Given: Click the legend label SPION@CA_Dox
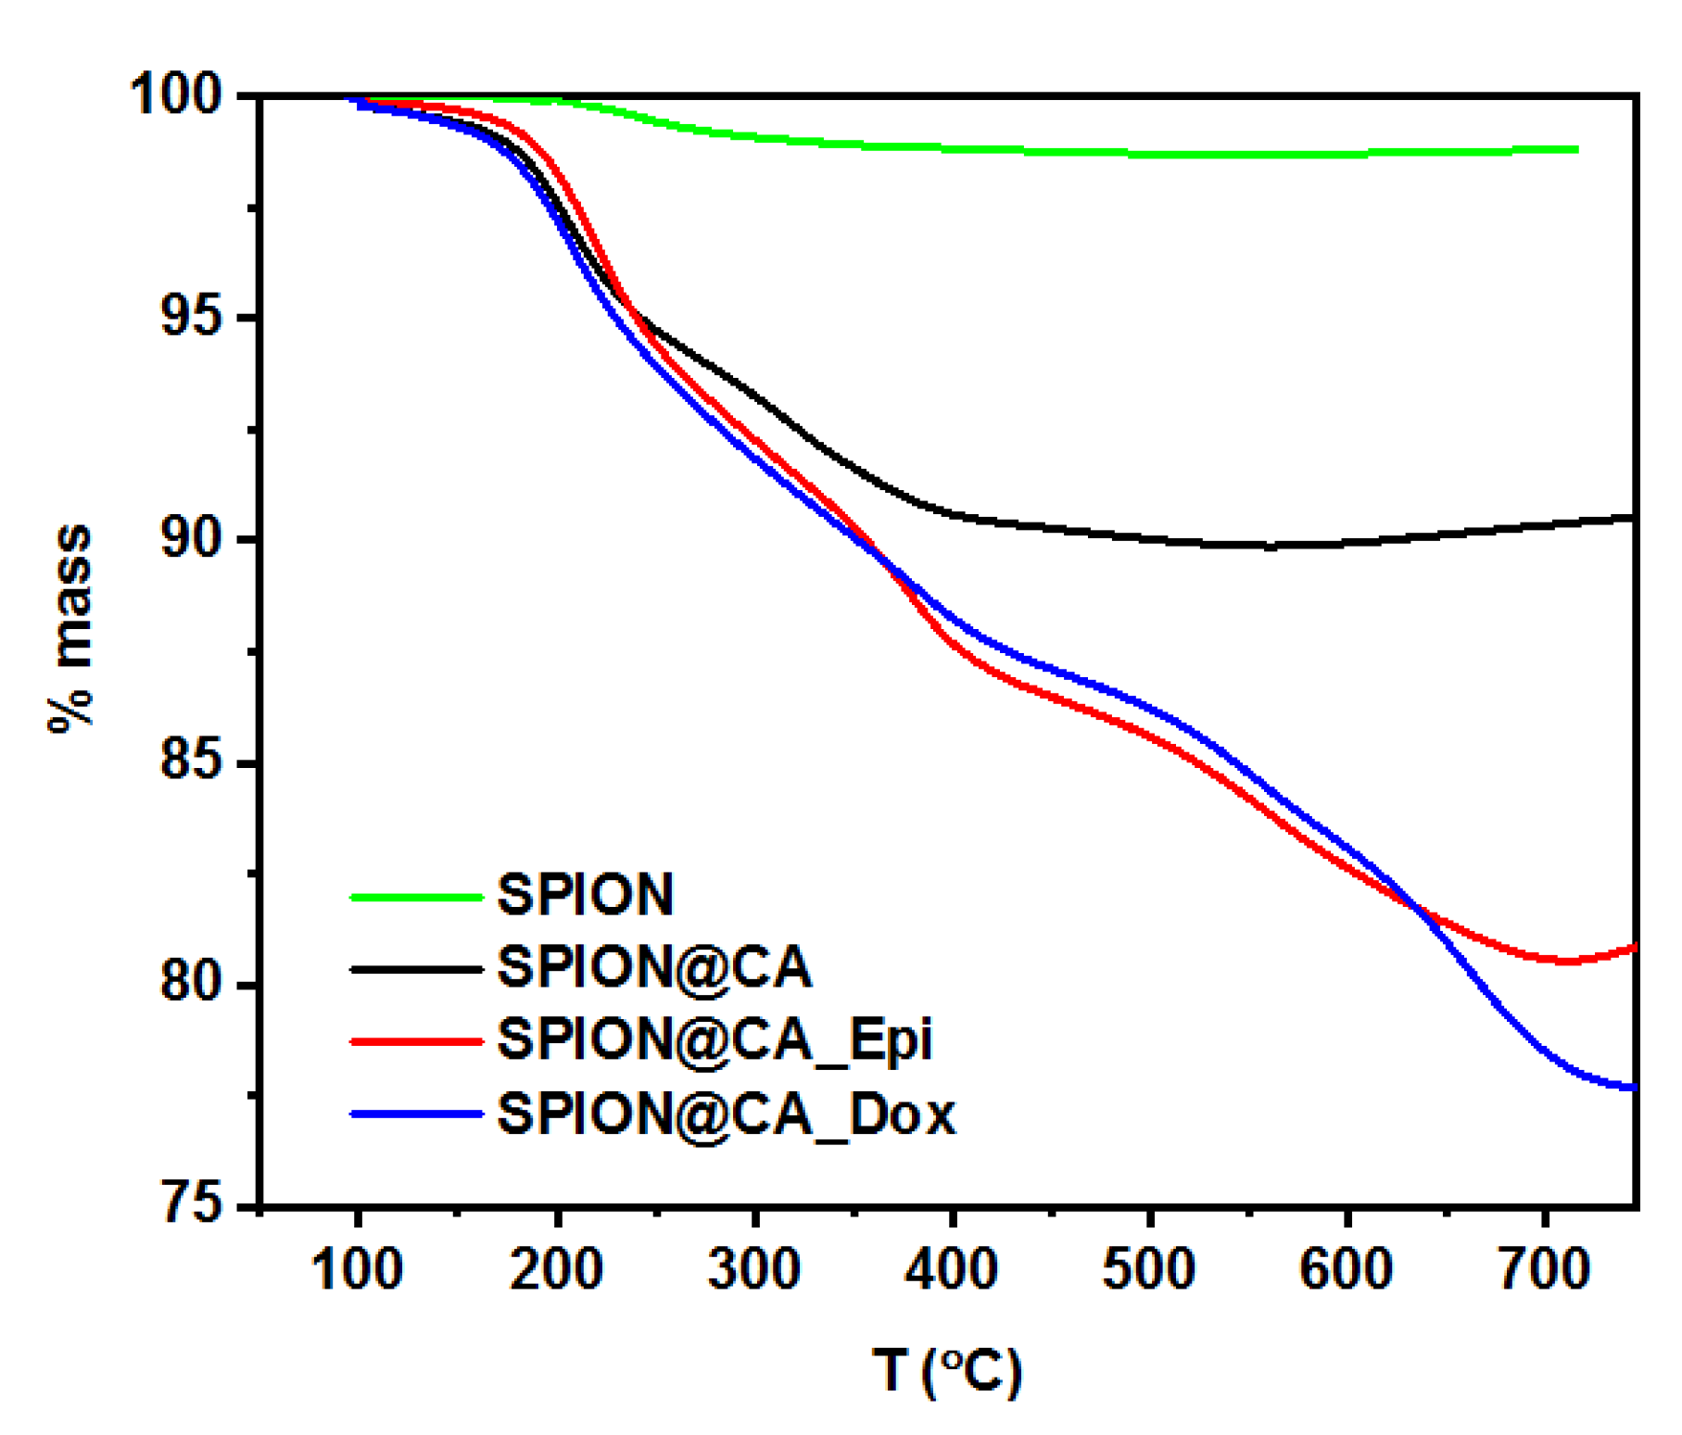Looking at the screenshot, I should coord(726,1114).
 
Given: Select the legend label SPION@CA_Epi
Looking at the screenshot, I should coord(715,1040).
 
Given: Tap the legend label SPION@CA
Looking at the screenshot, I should coord(654,967).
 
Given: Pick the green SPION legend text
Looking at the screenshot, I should coord(585,895).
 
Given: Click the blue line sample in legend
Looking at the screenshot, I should coord(417,1114).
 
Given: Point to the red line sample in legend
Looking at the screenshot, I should coord(417,1041).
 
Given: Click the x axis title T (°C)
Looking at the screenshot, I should coord(947,1371).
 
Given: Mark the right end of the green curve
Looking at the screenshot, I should coord(1576,149).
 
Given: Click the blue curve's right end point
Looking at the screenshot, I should coord(1635,1088).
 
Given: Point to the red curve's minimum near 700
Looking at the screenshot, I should coord(1566,962).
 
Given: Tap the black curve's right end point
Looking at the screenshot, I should coord(1635,517).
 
